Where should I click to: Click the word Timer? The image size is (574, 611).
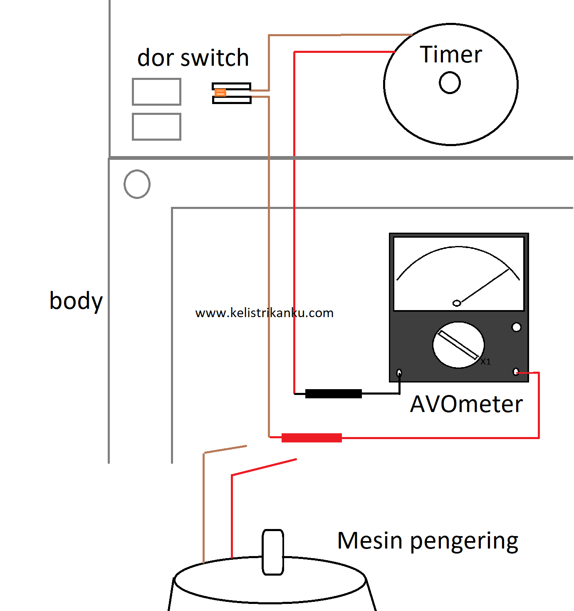pyautogui.click(x=450, y=55)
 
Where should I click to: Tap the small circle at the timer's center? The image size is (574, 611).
pyautogui.click(x=449, y=82)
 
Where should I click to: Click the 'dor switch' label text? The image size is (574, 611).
pyautogui.click(x=193, y=57)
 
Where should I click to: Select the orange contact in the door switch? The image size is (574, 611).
pyautogui.click(x=220, y=92)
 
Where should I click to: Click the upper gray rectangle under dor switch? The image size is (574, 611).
pyautogui.click(x=156, y=92)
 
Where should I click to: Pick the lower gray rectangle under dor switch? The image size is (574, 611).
pyautogui.click(x=156, y=127)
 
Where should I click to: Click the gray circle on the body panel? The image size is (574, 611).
pyautogui.click(x=137, y=184)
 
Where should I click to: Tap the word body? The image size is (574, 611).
pyautogui.click(x=76, y=301)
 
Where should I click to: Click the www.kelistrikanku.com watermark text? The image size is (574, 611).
pyautogui.click(x=264, y=313)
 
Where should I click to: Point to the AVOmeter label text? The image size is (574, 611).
pyautogui.click(x=466, y=404)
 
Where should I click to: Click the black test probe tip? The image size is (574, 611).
pyautogui.click(x=334, y=393)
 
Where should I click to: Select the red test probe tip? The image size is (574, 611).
pyautogui.click(x=312, y=437)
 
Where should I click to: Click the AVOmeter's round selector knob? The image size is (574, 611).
pyautogui.click(x=458, y=345)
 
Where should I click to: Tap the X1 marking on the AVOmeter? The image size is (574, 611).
pyautogui.click(x=485, y=362)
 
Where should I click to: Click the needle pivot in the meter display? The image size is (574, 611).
pyautogui.click(x=457, y=303)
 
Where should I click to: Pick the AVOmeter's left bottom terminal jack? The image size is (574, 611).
pyautogui.click(x=399, y=373)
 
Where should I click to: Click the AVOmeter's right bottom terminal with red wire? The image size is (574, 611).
pyautogui.click(x=516, y=372)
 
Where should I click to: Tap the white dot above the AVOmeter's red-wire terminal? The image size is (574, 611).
pyautogui.click(x=516, y=327)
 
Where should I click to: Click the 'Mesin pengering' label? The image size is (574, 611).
pyautogui.click(x=428, y=542)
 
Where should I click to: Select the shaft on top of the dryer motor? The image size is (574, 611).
pyautogui.click(x=273, y=552)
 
